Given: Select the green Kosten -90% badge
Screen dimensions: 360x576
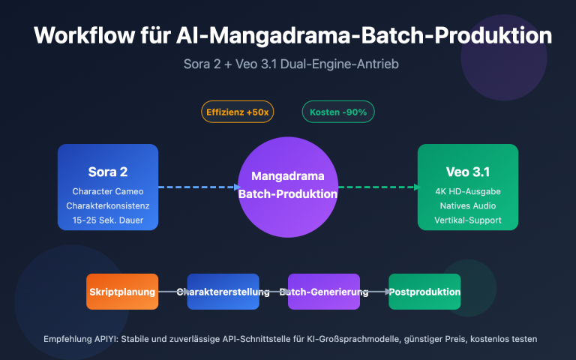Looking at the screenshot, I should point(338,112).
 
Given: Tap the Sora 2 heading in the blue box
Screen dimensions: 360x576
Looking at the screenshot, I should point(108,172).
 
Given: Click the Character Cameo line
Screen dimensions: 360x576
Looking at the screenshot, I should point(108,191).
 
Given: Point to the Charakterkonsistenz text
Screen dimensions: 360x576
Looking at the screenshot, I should point(108,205).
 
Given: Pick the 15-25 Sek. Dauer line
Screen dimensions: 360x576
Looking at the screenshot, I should point(108,220).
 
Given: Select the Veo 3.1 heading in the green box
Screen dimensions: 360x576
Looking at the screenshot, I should point(468,172).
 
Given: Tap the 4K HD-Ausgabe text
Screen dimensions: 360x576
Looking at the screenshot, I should point(468,191).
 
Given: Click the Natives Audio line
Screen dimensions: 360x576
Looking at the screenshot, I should point(468,205).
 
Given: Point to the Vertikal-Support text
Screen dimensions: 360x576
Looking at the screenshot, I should point(468,220).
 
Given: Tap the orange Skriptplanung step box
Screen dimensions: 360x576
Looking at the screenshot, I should point(122,292).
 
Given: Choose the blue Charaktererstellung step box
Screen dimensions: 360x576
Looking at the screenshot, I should point(223,292).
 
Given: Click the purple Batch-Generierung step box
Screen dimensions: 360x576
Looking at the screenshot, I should point(324,292).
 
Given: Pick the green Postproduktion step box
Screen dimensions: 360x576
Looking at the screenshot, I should point(424,292).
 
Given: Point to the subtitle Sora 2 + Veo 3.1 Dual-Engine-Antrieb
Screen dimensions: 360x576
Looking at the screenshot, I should point(287,64).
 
